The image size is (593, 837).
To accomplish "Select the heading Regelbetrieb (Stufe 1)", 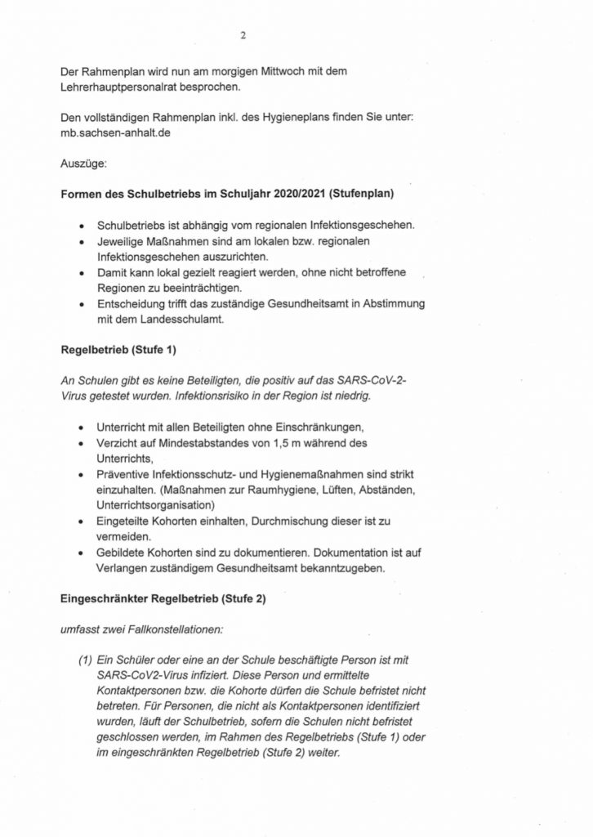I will click(x=119, y=351).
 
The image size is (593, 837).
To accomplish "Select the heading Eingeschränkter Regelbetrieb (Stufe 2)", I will click(x=163, y=598).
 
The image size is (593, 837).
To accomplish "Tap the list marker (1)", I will click(x=86, y=660).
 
